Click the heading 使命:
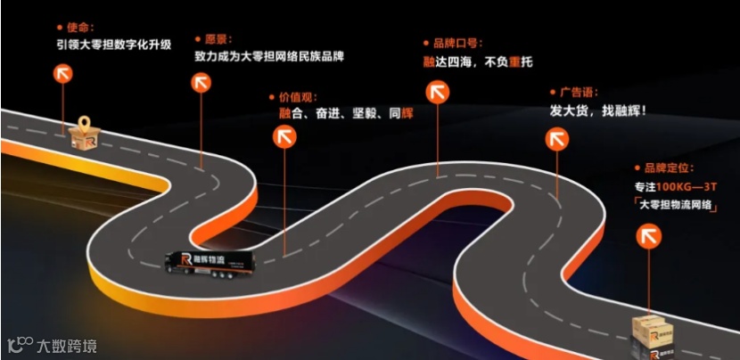pos(79,27)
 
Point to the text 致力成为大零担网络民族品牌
pos(268,56)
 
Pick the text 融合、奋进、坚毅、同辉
pos(346,113)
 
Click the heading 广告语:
pos(578,92)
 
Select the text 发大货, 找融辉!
pos(597,111)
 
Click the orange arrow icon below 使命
pos(64,73)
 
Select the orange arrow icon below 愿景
pos(201,83)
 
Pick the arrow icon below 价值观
pos(285,136)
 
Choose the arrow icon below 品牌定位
pos(648,236)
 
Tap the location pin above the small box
pos(85,124)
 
